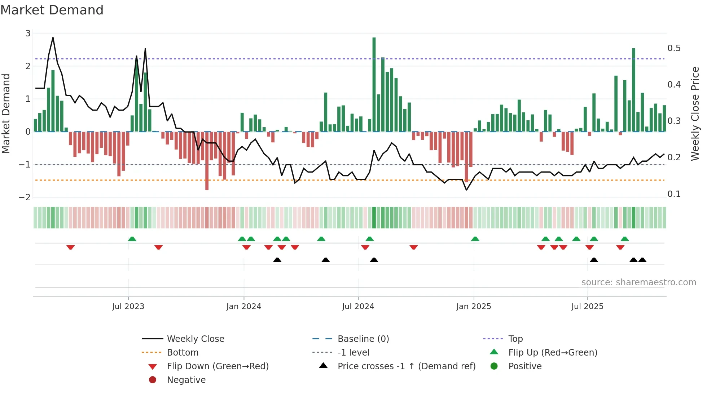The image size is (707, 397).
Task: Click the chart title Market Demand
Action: (52, 10)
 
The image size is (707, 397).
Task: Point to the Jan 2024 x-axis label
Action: (243, 307)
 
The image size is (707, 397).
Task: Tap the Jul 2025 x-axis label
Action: (587, 307)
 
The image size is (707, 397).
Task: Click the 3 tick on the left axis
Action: (28, 34)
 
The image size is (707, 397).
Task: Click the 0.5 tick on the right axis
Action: (674, 48)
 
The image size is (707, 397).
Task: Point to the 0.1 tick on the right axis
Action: (674, 194)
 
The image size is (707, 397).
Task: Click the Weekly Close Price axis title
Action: (695, 113)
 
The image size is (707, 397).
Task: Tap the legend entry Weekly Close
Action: (195, 339)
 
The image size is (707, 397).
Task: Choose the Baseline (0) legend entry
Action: (363, 339)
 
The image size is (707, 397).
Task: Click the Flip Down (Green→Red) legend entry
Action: (218, 366)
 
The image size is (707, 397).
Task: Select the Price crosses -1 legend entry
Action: (406, 366)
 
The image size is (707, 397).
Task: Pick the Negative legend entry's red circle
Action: (153, 380)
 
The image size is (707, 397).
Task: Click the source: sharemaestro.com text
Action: (638, 282)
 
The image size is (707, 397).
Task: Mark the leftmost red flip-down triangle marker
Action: (71, 247)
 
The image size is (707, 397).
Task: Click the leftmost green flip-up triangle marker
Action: (132, 239)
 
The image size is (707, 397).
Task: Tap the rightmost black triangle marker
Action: (642, 260)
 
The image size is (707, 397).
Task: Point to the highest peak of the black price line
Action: (53, 38)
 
